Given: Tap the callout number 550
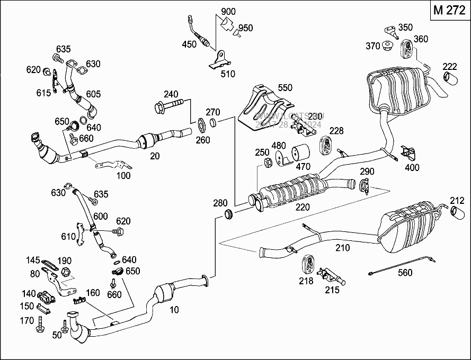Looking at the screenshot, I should tap(285, 87).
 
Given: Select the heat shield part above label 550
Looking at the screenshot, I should tap(259, 109).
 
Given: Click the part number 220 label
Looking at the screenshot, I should tap(303, 208).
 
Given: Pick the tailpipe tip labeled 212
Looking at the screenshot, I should tap(457, 213).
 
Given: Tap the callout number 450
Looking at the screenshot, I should tap(189, 44).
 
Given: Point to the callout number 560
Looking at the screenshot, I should tap(405, 273).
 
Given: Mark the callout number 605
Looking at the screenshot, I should tap(93, 94).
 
